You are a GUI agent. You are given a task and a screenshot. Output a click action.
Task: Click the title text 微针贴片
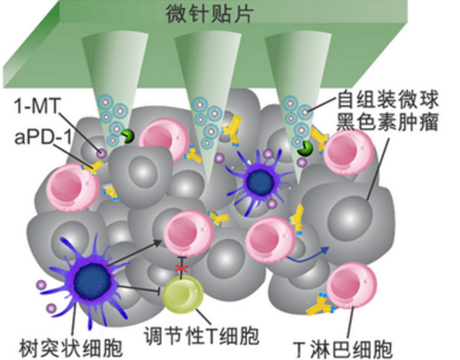209,14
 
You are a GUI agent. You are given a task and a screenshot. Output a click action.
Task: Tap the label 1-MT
37,106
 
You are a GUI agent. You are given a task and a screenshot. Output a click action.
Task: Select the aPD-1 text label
42,137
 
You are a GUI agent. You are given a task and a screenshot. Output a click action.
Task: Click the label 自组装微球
388,99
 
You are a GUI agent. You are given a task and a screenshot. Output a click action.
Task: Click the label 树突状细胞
71,348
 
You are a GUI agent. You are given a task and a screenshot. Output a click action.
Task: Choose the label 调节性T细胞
201,336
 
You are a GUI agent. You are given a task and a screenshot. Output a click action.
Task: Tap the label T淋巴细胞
343,349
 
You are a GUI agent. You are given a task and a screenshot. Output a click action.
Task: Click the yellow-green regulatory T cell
183,294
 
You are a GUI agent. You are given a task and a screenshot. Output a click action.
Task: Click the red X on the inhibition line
181,268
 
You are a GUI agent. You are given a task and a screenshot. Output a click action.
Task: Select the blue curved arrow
308,255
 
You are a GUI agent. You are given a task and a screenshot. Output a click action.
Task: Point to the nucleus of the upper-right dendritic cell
260,182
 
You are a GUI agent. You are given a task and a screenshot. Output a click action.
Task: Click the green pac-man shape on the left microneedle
127,136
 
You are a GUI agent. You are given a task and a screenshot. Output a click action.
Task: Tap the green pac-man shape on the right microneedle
305,148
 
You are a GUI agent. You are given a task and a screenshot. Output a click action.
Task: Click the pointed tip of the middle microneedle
208,182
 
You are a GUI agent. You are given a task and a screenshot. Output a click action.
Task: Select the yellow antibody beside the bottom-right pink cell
321,305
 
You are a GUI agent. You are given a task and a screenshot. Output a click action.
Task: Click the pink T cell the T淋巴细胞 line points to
351,285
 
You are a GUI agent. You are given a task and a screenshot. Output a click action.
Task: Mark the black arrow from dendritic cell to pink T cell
135,253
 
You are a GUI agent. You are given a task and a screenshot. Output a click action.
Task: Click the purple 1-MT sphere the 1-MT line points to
102,153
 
